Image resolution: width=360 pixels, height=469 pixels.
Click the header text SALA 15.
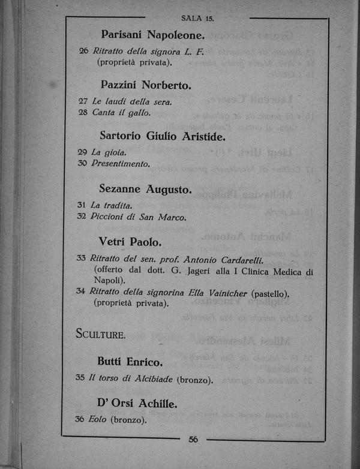[x=197, y=19]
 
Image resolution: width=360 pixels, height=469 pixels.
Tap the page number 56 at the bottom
[x=193, y=439]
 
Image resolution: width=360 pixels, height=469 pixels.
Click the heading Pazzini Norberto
[x=146, y=85]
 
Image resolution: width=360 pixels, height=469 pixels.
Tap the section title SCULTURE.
[x=101, y=334]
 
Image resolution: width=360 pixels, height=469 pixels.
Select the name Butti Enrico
[x=130, y=362]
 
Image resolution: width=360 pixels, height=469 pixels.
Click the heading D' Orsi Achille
[x=137, y=404]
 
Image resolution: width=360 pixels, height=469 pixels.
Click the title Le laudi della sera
[x=131, y=101]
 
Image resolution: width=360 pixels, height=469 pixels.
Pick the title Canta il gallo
[x=121, y=112]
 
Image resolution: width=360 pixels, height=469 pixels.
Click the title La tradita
[x=111, y=205]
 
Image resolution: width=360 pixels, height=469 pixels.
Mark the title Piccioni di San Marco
[x=139, y=217]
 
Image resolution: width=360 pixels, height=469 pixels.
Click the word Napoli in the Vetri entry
[x=108, y=280]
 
